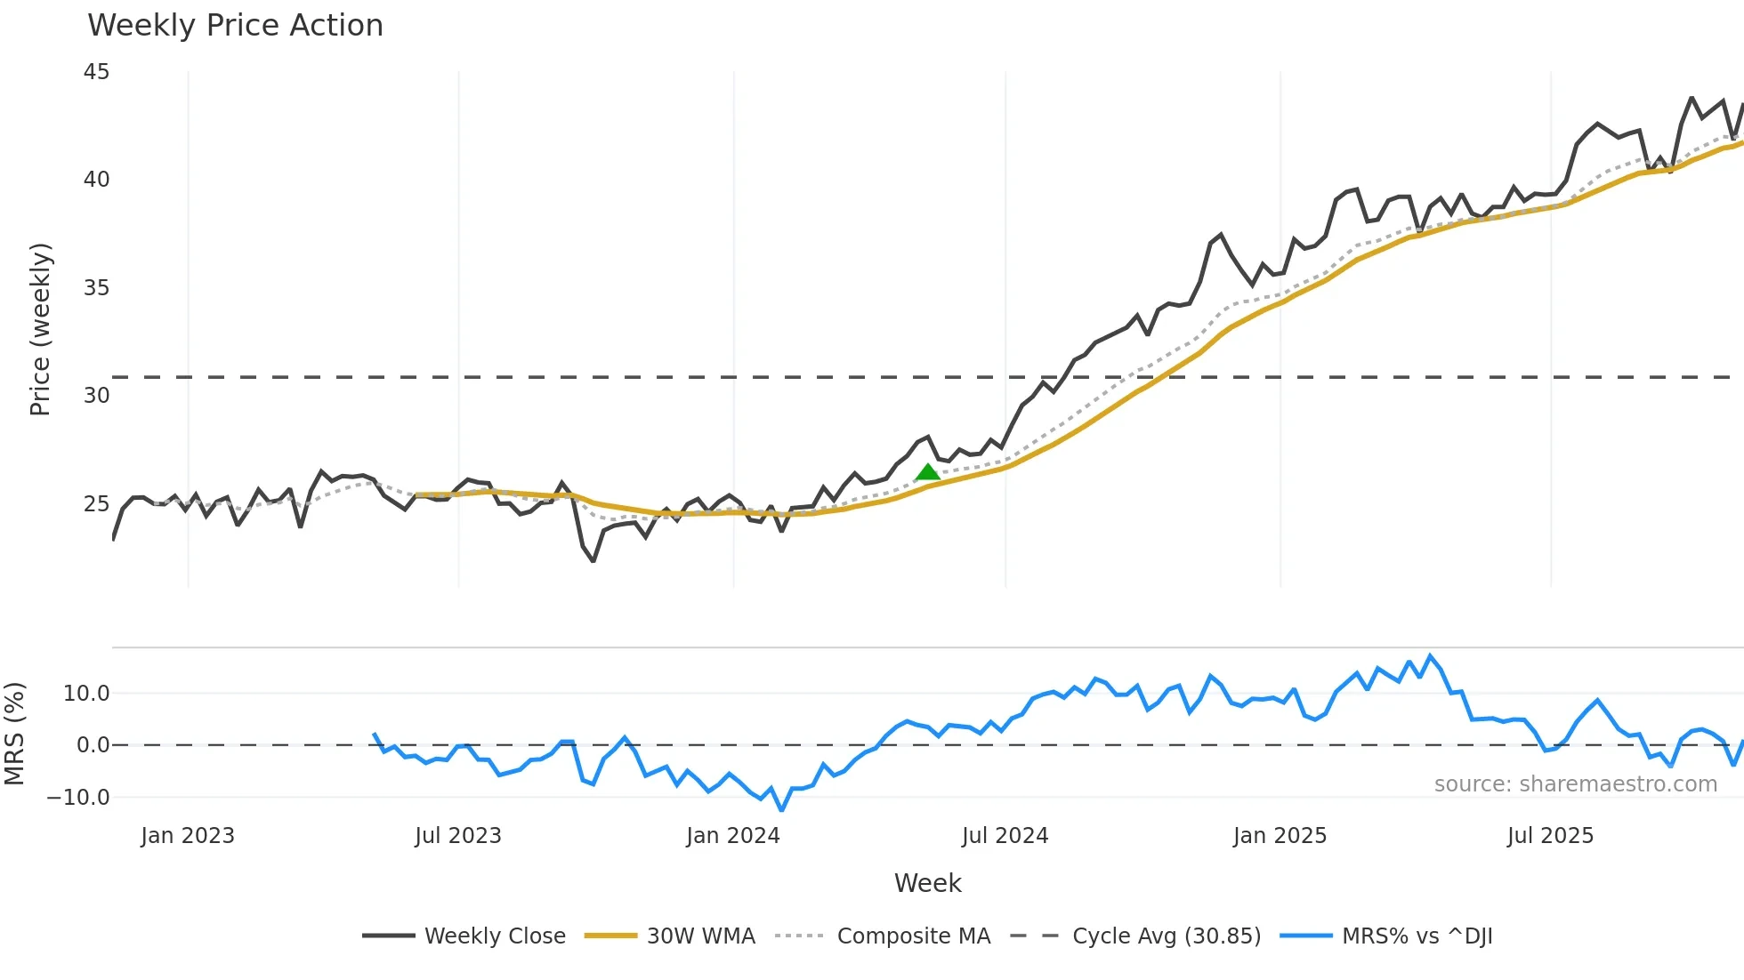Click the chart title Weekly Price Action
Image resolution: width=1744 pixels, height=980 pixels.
coord(235,26)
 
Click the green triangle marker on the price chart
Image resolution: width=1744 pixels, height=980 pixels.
coord(927,472)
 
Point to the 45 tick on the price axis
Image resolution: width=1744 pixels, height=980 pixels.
coord(96,72)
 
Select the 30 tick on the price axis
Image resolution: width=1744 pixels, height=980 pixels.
coord(96,396)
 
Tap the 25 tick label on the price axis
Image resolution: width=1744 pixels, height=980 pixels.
coord(96,504)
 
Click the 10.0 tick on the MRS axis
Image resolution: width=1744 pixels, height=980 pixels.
coord(86,694)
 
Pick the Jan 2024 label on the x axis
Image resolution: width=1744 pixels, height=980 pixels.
coord(732,836)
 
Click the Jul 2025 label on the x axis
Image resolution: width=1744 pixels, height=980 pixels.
coord(1550,836)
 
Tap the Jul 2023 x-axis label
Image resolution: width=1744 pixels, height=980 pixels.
coord(458,836)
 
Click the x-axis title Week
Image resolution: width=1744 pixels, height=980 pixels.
coord(927,883)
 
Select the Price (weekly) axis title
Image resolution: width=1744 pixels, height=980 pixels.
coord(40,329)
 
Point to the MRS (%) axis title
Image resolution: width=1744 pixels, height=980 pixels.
coord(14,734)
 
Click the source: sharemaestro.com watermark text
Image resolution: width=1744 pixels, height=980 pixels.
coord(1575,784)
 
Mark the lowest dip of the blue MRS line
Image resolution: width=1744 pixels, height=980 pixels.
coord(781,809)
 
